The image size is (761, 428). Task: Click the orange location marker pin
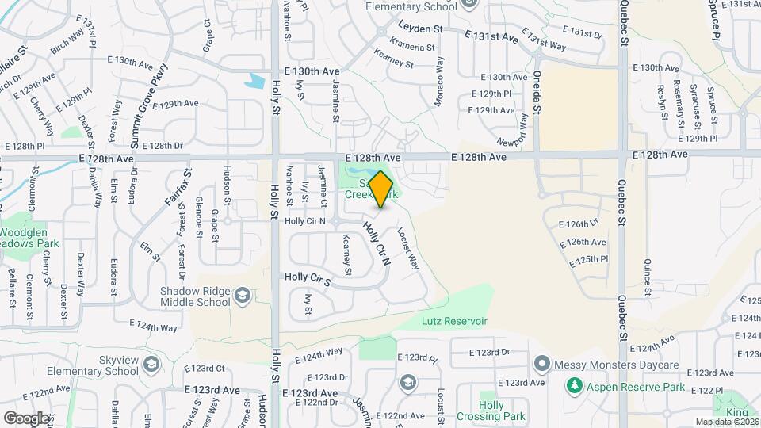[x=381, y=189]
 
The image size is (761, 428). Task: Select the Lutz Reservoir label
[x=453, y=321]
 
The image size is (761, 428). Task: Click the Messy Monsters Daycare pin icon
[x=542, y=365]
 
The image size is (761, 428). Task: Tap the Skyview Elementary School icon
[x=151, y=365]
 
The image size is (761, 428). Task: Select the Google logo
[x=26, y=418]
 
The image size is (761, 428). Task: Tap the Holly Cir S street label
[x=308, y=278]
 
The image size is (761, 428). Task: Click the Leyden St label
[x=419, y=28]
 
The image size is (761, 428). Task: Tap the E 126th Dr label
[x=581, y=223]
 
